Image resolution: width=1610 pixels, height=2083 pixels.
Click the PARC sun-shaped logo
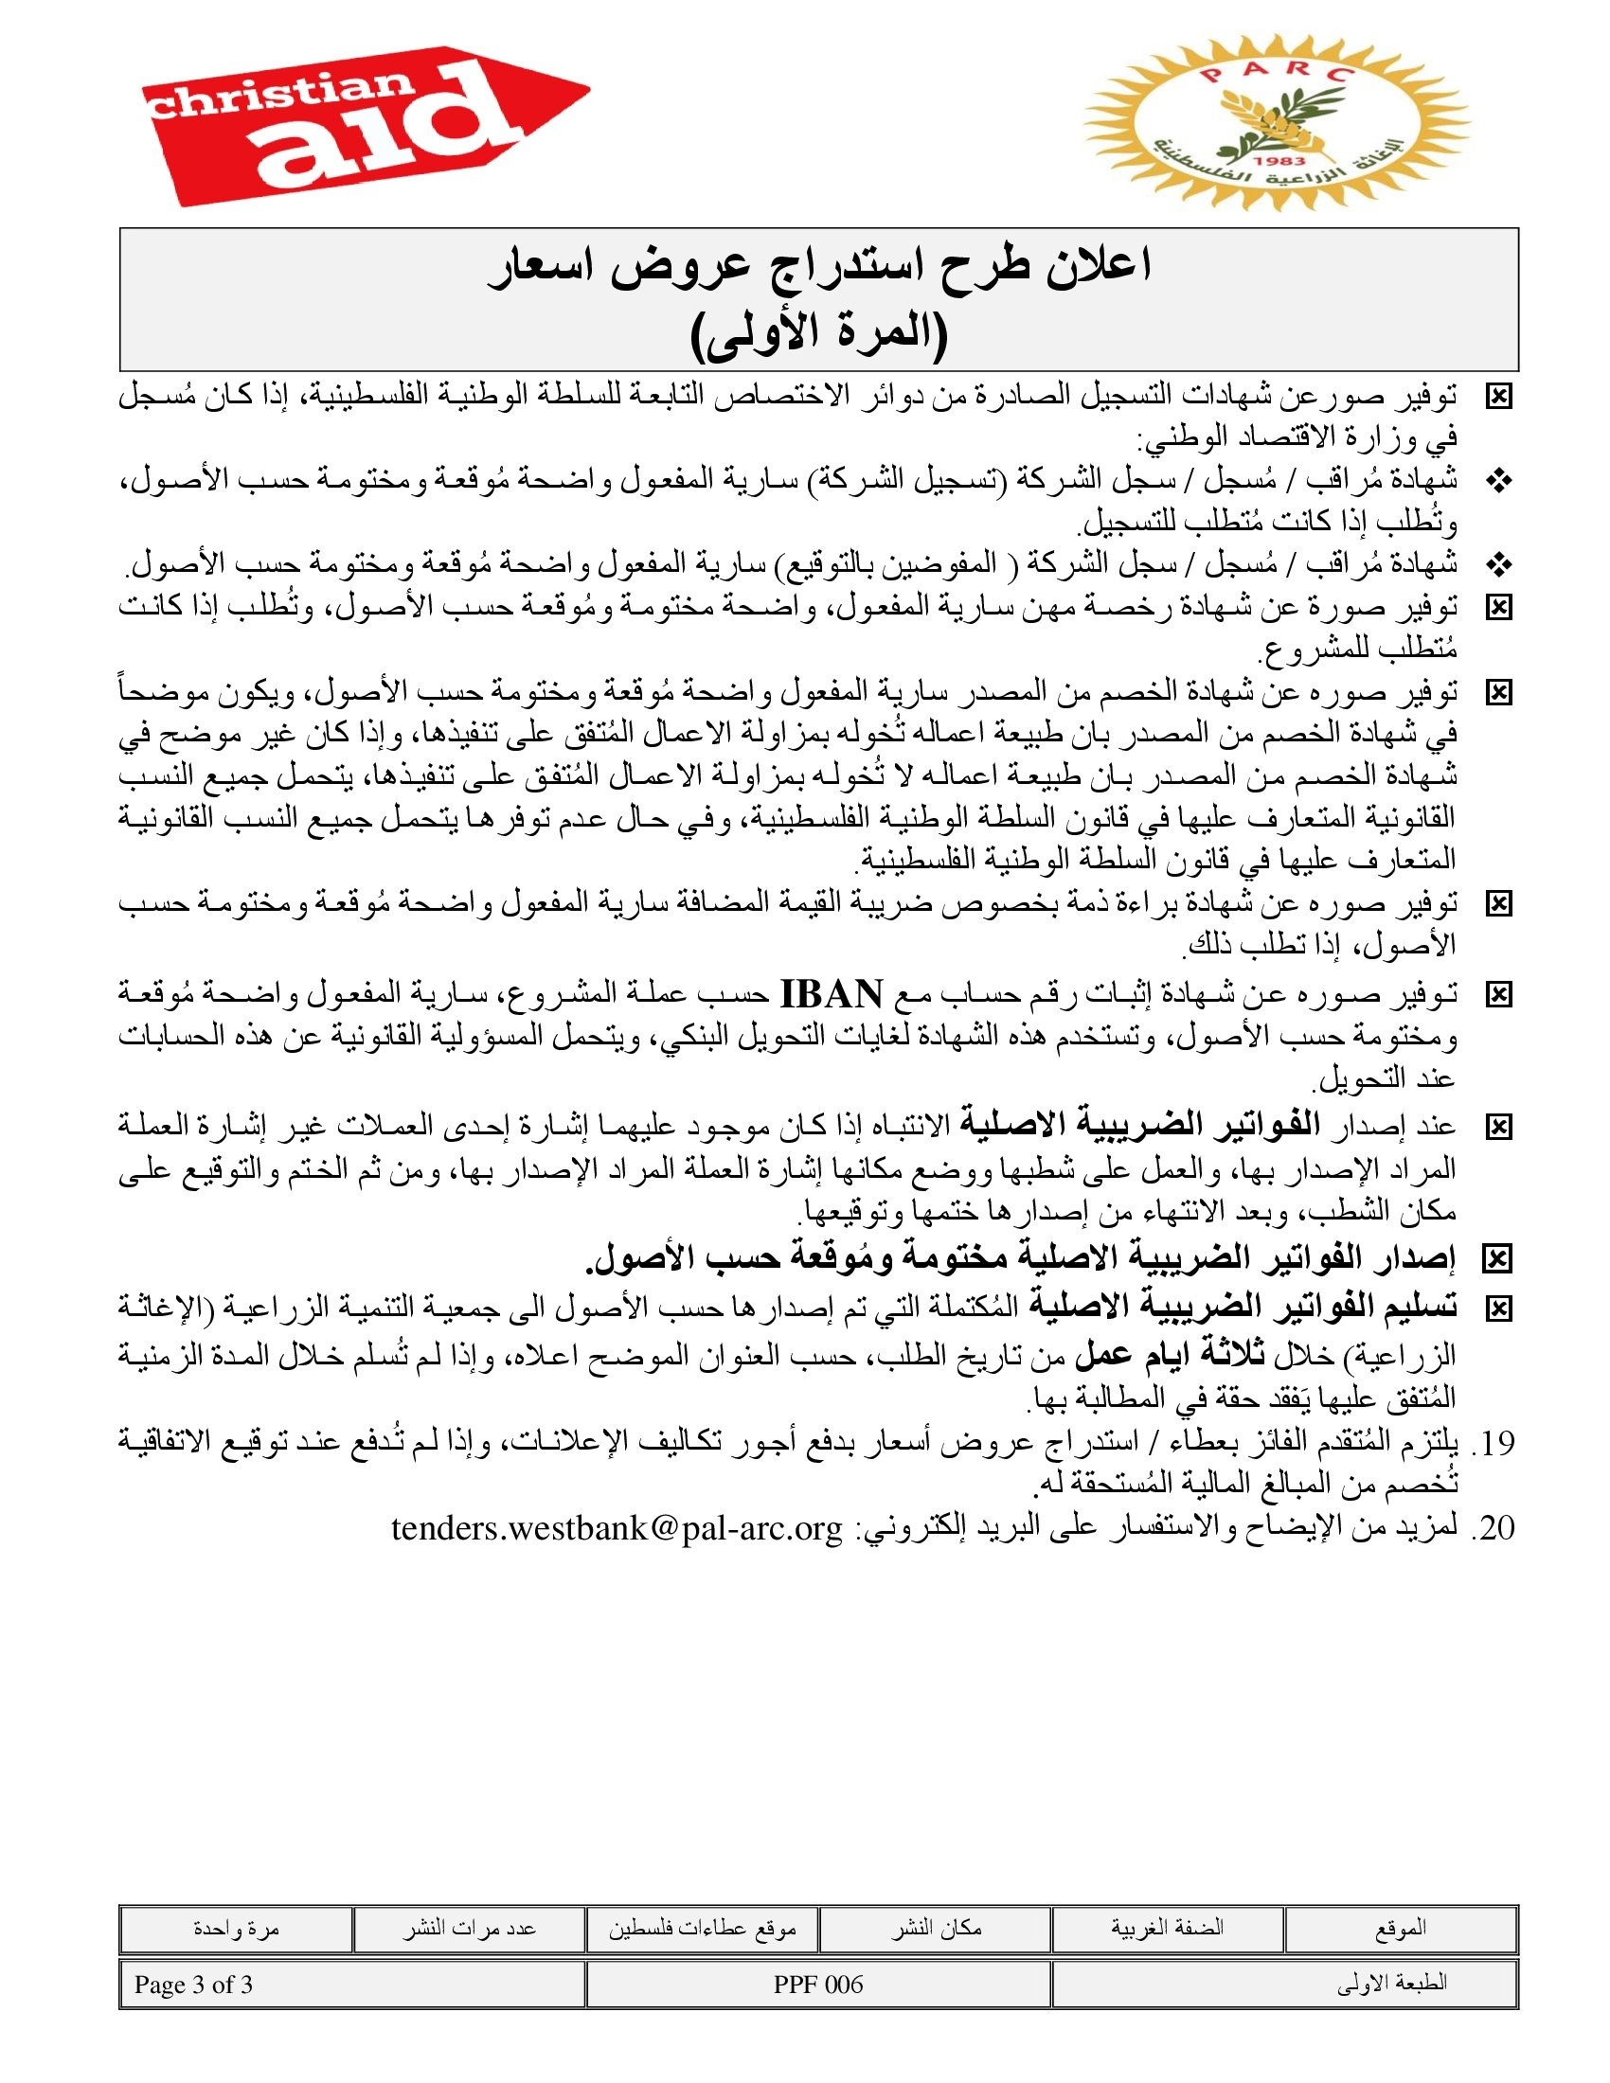click(x=1277, y=122)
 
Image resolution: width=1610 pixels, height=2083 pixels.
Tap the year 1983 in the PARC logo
click(x=1279, y=161)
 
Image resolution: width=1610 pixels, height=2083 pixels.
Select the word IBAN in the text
click(x=832, y=995)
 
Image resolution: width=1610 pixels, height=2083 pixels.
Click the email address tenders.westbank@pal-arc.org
click(x=617, y=1528)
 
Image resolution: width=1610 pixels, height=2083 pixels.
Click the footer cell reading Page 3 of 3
click(x=193, y=1985)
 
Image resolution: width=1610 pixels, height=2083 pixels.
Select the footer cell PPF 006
click(x=818, y=1985)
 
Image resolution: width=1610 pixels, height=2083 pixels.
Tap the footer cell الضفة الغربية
click(x=1167, y=1929)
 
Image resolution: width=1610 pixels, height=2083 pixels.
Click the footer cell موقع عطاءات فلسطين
click(x=702, y=1929)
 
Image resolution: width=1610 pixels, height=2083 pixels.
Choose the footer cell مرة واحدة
click(x=236, y=1929)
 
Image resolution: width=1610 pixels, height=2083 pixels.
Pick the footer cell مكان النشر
click(x=936, y=1929)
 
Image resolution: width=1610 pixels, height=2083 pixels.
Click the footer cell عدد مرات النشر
click(x=469, y=1929)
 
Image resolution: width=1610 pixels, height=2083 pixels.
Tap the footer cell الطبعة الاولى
click(x=1391, y=1985)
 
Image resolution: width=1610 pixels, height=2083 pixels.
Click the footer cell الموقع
click(x=1400, y=1929)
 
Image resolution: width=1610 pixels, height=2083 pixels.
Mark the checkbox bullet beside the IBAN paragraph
click(x=1498, y=996)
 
